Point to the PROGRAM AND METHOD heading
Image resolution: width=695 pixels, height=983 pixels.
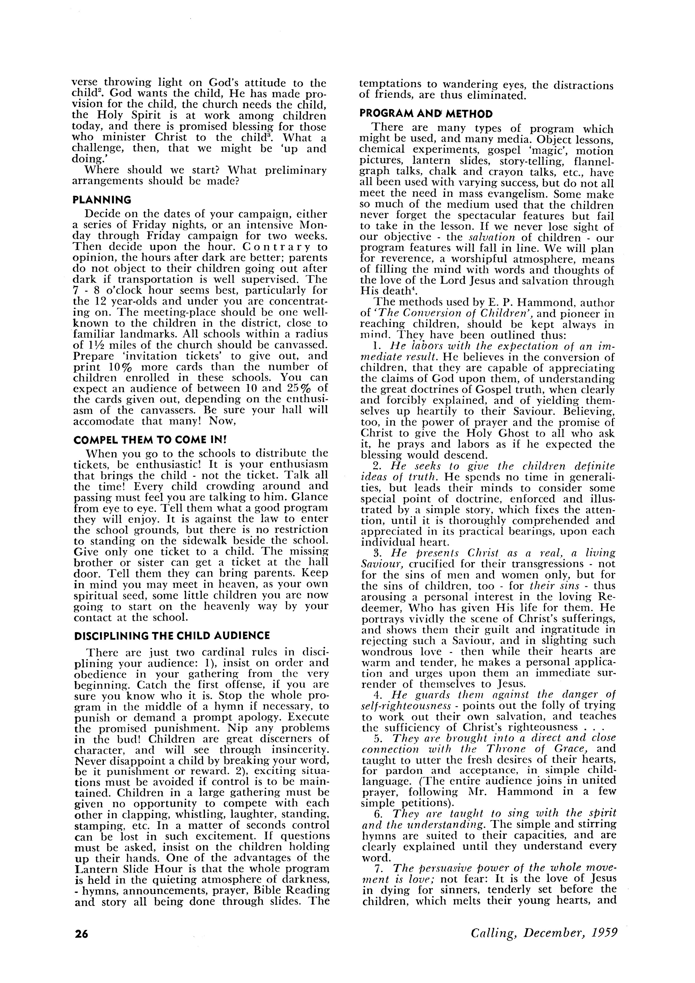point(426,114)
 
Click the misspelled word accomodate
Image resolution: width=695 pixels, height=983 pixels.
point(104,421)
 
